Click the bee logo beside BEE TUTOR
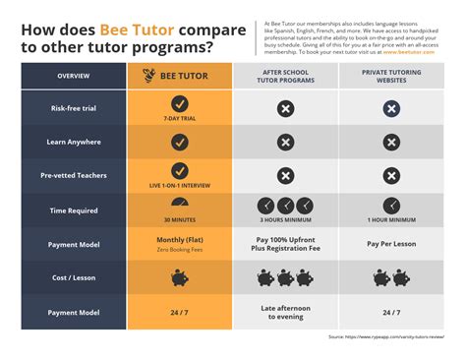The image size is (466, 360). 148,76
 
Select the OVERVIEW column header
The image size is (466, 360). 74,76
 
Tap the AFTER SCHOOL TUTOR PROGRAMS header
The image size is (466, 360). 285,76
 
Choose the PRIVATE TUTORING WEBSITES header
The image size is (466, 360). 391,76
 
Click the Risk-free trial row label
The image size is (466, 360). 74,108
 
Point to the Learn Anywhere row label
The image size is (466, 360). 74,142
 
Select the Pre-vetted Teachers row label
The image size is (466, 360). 74,175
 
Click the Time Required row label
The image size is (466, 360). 74,210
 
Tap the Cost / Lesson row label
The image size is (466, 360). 74,278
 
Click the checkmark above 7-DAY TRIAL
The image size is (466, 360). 180,103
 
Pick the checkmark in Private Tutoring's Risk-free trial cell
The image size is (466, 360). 391,107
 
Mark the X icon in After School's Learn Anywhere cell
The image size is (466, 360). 285,142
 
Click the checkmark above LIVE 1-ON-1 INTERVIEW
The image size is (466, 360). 180,171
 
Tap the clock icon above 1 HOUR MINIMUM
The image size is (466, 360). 391,205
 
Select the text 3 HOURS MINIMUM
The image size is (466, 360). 285,220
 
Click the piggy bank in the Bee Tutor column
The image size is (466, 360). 180,278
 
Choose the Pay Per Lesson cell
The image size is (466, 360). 391,243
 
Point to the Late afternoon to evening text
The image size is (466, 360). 285,313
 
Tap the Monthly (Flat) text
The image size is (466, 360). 180,239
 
